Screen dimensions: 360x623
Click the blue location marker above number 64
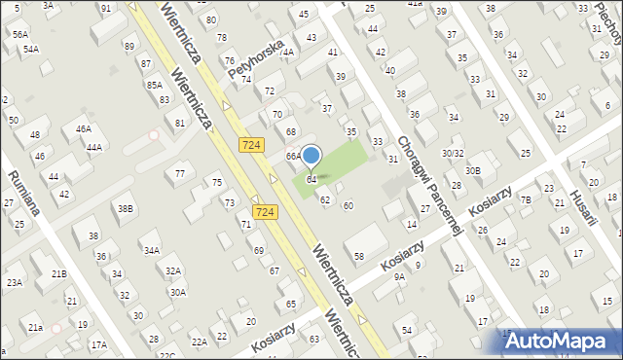311,155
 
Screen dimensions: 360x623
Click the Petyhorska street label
254,59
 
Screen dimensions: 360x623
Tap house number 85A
154,86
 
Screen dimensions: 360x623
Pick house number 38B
125,208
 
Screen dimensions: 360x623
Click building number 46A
84,128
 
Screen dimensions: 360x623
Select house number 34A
151,250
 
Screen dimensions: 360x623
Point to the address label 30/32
453,153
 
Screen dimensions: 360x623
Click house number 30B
472,171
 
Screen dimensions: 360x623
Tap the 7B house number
526,199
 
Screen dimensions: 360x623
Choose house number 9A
399,277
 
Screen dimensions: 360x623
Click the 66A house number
292,156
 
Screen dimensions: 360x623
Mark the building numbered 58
359,256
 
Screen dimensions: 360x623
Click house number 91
105,8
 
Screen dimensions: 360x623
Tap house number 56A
19,33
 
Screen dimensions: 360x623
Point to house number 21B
58,274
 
